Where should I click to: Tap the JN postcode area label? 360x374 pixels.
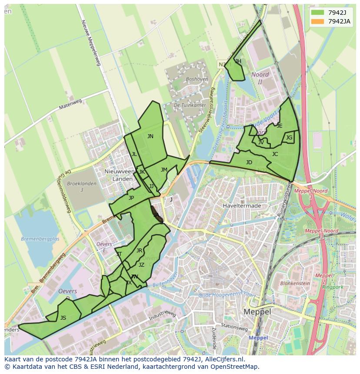click(x=150, y=136)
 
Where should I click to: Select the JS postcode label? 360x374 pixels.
click(x=63, y=318)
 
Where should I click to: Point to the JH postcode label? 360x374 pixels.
click(x=238, y=61)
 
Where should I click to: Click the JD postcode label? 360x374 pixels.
click(x=249, y=162)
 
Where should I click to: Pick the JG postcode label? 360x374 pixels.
click(x=289, y=138)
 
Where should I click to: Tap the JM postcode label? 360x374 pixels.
click(x=164, y=170)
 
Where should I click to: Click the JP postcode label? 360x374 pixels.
click(x=131, y=198)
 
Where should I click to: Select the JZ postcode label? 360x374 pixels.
click(x=141, y=265)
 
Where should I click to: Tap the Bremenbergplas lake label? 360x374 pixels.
click(x=37, y=239)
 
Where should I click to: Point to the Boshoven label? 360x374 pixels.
click(x=197, y=79)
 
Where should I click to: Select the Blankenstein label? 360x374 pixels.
click(x=295, y=283)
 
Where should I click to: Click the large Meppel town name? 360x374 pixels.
click(x=257, y=312)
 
